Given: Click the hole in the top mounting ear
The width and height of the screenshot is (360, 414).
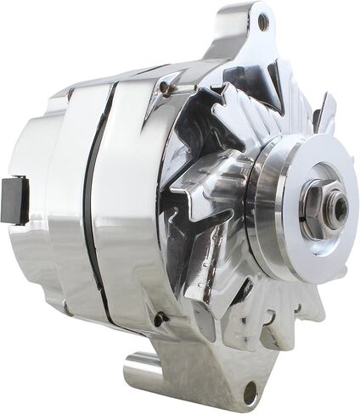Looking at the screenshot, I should click(x=263, y=23).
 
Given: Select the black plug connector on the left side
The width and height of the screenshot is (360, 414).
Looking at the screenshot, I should click(x=16, y=200).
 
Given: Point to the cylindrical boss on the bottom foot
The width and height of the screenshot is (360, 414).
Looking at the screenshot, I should click(x=144, y=374).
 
